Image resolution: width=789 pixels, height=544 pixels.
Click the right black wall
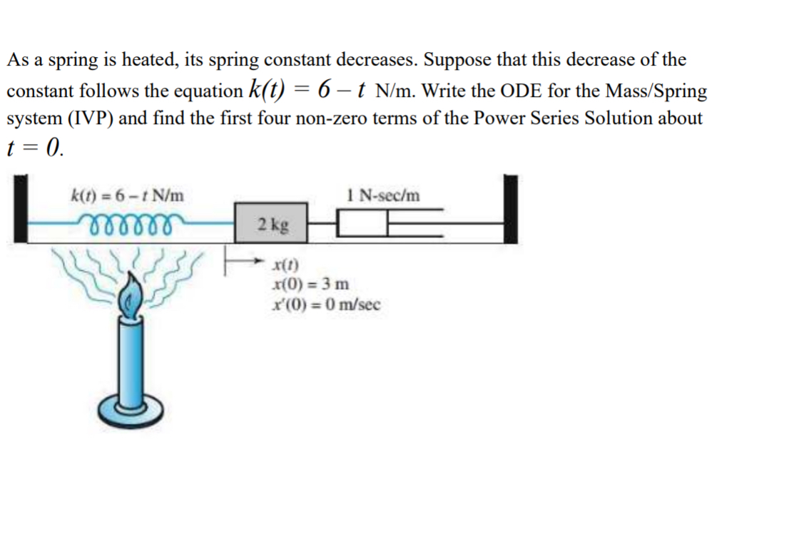coord(510,209)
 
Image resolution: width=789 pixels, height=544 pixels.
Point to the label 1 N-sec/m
coord(383,194)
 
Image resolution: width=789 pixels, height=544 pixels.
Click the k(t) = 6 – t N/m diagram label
coord(128,194)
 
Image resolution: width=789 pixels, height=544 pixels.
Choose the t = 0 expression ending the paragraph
coord(35,147)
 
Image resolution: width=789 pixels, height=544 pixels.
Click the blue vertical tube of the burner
coord(133,364)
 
